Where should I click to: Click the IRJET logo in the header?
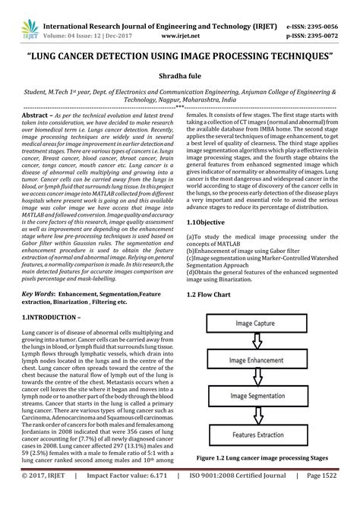pos(18,16)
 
